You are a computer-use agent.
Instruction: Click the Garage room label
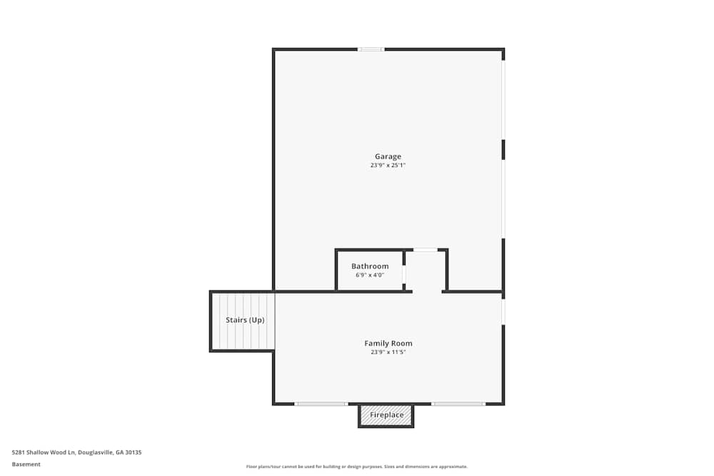pos(388,156)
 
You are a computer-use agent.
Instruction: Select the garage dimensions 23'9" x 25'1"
pos(388,166)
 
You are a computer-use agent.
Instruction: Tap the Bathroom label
pos(370,266)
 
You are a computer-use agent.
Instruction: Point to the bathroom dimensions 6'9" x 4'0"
pos(370,275)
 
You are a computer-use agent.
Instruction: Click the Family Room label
pos(388,343)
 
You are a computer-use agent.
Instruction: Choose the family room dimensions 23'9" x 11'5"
pos(388,352)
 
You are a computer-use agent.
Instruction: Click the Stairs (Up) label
pos(245,320)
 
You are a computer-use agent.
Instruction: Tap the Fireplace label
pos(386,415)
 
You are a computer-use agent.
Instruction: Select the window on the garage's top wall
pos(371,49)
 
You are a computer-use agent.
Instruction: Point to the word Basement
pos(26,464)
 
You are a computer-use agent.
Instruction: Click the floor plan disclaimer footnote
pos(357,466)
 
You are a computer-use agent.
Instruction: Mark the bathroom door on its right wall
pos(404,274)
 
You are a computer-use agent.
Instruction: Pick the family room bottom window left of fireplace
pos(321,404)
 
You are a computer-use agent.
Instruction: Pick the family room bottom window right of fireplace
pos(458,404)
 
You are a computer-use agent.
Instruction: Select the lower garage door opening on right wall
pos(503,198)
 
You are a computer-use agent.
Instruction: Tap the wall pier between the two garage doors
pos(503,149)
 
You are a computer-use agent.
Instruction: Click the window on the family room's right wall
pos(503,312)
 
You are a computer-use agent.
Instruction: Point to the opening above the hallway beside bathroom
pos(426,250)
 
